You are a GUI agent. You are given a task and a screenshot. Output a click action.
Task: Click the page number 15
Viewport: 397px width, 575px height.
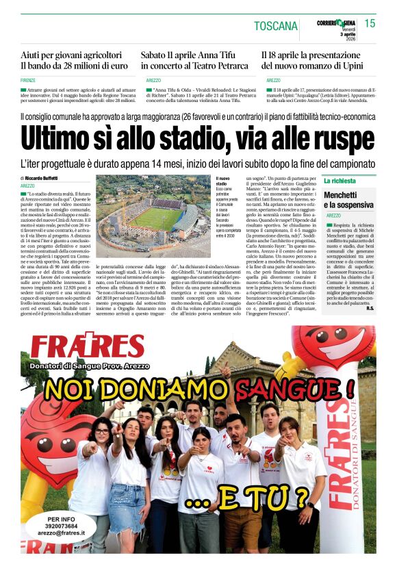coord(370,23)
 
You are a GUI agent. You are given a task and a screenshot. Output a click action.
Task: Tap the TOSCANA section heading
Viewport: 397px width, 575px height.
coord(276,26)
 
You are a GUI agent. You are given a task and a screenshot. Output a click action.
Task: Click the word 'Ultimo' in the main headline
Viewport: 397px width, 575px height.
coord(58,139)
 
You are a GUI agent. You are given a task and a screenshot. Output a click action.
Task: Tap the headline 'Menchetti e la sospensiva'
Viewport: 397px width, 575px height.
coord(349,199)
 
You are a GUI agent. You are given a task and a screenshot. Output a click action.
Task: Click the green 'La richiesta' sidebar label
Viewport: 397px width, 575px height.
coord(340,181)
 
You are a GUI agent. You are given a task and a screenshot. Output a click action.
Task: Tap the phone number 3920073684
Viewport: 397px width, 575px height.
coord(62,524)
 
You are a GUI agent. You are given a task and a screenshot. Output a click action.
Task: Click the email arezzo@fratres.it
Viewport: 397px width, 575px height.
coord(62,533)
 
